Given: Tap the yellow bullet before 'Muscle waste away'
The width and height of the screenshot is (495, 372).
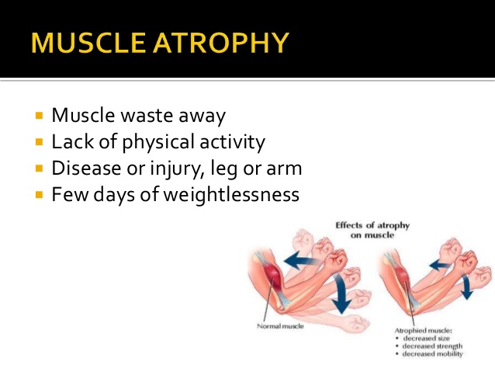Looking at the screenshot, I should [40, 116].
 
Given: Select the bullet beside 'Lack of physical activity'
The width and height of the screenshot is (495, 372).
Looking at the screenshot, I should [40, 143].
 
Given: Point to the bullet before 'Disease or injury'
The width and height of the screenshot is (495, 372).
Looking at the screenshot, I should [40, 169].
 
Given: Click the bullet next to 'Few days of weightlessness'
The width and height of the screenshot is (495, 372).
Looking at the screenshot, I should [40, 194].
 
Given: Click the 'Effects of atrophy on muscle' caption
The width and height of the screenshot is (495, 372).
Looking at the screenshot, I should [372, 231].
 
